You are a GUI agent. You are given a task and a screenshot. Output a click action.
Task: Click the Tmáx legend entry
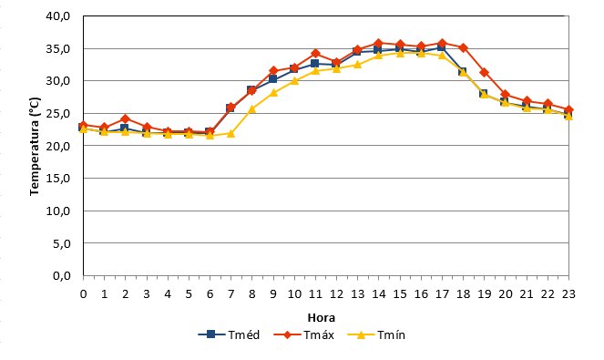click(303, 334)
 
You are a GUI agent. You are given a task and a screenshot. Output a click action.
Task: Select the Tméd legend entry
click(229, 334)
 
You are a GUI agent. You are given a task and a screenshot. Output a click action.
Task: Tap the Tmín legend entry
click(376, 334)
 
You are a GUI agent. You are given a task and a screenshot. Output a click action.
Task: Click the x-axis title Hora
click(322, 317)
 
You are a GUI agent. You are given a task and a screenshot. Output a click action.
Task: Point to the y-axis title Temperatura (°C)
click(35, 146)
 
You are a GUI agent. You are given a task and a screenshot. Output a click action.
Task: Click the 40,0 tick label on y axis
click(57, 16)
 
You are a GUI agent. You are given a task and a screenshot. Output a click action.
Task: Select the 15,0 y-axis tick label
click(57, 179)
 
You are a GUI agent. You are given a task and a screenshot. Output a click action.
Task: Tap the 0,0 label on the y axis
click(61, 276)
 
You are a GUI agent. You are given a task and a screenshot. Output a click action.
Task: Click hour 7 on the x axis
click(230, 294)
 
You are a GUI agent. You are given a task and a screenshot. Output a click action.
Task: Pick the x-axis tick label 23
click(568, 294)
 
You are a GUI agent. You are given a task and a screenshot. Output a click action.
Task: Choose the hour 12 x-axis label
click(336, 294)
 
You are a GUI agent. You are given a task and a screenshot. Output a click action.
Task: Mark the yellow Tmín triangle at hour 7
click(230, 133)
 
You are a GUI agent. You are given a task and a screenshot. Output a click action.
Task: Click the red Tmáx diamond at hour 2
click(125, 118)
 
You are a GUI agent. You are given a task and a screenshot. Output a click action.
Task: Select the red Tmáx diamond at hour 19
click(484, 73)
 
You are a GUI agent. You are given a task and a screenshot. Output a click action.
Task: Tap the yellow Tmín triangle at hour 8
click(252, 109)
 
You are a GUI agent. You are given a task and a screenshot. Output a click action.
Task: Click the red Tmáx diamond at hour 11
click(315, 53)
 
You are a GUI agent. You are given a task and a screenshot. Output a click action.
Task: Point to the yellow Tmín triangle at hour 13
click(357, 64)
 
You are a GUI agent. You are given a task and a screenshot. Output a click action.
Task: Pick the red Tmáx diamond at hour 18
click(463, 47)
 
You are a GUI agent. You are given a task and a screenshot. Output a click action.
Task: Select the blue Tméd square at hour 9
click(273, 78)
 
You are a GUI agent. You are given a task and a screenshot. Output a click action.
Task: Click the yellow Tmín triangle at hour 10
click(294, 80)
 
